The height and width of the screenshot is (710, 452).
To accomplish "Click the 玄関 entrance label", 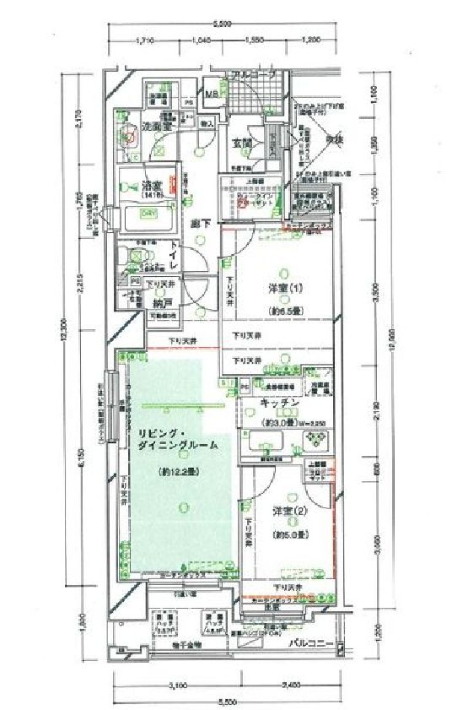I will (243, 144).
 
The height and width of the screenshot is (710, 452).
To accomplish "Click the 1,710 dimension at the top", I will (148, 40).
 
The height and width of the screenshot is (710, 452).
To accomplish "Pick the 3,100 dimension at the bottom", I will (176, 684).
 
